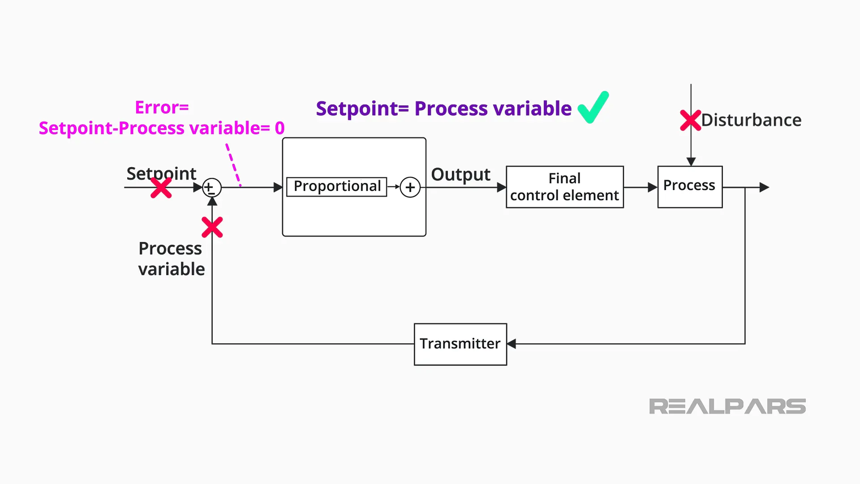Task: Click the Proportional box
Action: pos(336,186)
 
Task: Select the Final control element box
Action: pos(564,187)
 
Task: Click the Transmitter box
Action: pos(460,344)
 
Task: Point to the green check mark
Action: pos(593,107)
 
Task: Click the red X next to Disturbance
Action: pos(690,120)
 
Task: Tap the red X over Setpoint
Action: pos(161,188)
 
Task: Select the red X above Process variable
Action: pos(212,227)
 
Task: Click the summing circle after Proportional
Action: pos(410,187)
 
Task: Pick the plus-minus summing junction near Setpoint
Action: pos(211,188)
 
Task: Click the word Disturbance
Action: pos(751,120)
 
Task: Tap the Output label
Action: pos(460,174)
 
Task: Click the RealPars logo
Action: pos(727,406)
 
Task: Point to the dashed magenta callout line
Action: pos(233,164)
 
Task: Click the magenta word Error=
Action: pos(162,108)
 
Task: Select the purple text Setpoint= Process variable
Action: pos(443,109)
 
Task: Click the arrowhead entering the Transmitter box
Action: pos(512,344)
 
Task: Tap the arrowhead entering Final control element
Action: pos(502,187)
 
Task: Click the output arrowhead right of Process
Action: pos(764,187)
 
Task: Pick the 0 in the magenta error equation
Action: pos(279,128)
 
